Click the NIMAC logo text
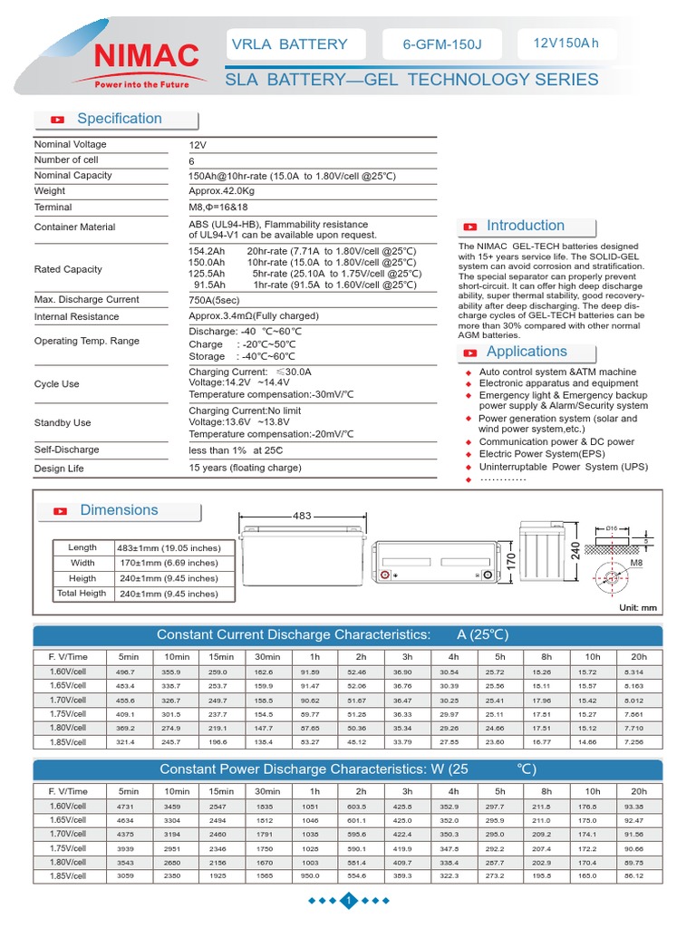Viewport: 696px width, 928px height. pos(145,56)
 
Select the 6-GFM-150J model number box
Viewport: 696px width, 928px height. pos(441,43)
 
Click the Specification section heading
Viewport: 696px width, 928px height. pos(119,119)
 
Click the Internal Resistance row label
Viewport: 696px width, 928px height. pos(76,317)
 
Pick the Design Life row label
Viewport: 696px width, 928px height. pos(59,469)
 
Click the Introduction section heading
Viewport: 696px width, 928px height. pos(525,226)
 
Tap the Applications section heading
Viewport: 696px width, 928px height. pos(526,352)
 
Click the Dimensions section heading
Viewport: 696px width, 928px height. pos(119,510)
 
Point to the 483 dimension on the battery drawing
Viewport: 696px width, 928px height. pos(302,516)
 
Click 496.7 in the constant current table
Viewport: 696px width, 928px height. pos(125,672)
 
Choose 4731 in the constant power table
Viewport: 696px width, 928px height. pos(125,806)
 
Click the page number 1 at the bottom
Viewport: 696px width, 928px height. pos(349,901)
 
